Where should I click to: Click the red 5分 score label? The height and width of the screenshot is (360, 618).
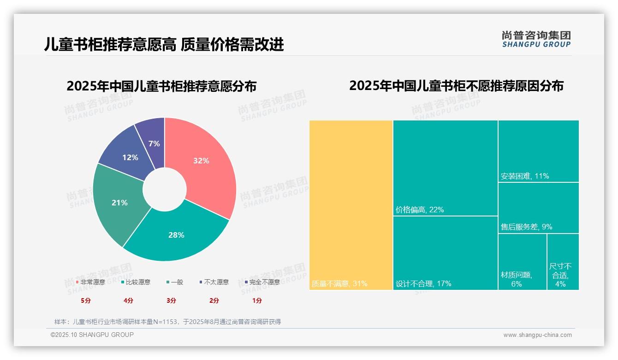[x=86, y=300]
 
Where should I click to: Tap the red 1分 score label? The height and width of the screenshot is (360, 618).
[x=257, y=300]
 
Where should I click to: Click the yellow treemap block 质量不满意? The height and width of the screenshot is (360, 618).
[x=351, y=205]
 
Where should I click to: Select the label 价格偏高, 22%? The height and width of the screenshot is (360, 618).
[x=420, y=210]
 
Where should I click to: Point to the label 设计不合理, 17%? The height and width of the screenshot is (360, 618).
[x=423, y=283]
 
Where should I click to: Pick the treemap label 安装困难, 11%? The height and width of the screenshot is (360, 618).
[x=525, y=176]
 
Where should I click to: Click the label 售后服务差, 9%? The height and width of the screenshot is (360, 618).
[x=526, y=227]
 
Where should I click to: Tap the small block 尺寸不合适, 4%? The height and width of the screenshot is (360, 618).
[x=563, y=275]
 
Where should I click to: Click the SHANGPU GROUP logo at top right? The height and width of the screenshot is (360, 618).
[x=536, y=39]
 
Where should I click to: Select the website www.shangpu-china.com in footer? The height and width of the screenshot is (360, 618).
[x=537, y=335]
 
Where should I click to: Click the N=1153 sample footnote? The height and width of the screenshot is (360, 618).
[x=167, y=322]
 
